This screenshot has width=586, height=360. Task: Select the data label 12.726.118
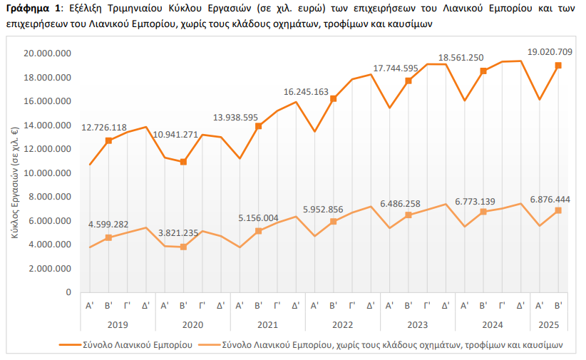pos(108,128)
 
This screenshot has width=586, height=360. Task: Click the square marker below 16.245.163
pos(333,98)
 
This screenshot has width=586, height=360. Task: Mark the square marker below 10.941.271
pos(183,162)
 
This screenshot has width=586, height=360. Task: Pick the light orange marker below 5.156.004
pos(258,231)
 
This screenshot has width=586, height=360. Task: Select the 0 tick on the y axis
pos(68,292)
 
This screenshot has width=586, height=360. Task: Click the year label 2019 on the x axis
pos(118,324)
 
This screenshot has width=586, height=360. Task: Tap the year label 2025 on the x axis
pos(549,324)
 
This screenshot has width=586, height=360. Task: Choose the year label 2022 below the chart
pos(342,324)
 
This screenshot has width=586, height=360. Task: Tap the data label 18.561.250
pos(461,58)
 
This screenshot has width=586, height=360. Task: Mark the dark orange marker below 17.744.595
pos(408,81)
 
